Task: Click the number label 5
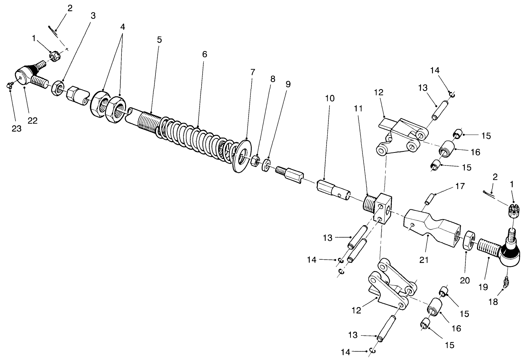[159, 40]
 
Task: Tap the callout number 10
[330, 98]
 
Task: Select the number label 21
[424, 260]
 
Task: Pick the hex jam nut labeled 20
[468, 241]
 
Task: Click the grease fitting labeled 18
[507, 281]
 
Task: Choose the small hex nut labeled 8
[255, 161]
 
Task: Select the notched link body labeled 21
[431, 226]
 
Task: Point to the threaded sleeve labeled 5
[145, 120]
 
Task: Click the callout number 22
[33, 121]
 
